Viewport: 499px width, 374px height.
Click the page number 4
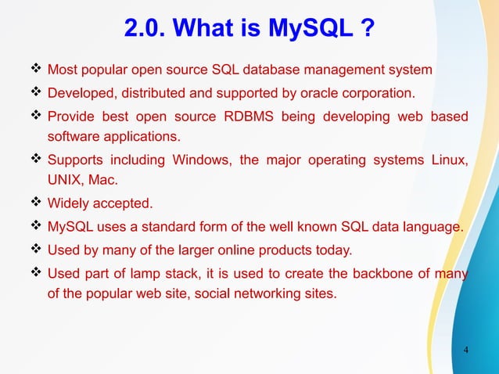[x=466, y=349]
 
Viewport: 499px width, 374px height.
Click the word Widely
[x=68, y=206]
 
